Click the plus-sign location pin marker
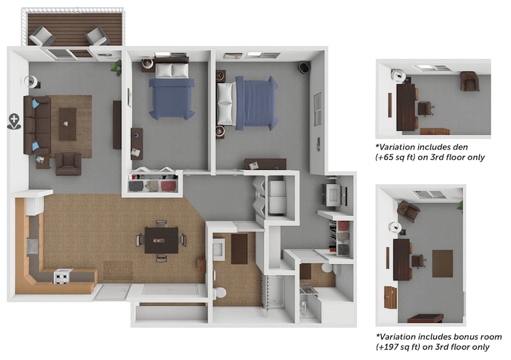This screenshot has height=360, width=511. tap(14, 121)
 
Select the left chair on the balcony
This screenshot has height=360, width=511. tap(42, 36)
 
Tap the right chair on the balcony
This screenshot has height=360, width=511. tap(98, 36)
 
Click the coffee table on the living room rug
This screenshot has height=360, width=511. tap(67, 124)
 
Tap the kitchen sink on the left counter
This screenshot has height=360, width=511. tap(31, 243)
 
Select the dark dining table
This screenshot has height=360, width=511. tap(161, 241)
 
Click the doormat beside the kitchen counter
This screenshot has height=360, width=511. tap(118, 270)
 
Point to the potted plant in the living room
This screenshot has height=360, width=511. tap(117, 66)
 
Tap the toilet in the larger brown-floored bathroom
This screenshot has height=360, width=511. tap(218, 293)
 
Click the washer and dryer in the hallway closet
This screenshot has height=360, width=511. tap(277, 197)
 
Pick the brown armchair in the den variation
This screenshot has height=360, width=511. tap(469, 81)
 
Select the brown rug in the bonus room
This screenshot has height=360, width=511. tap(442, 263)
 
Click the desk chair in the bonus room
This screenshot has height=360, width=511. tap(418, 261)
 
